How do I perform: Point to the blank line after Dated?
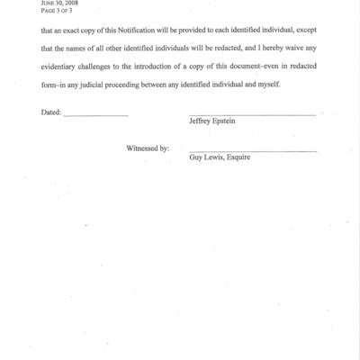[95, 118]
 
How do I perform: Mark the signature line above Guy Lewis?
[253, 150]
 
